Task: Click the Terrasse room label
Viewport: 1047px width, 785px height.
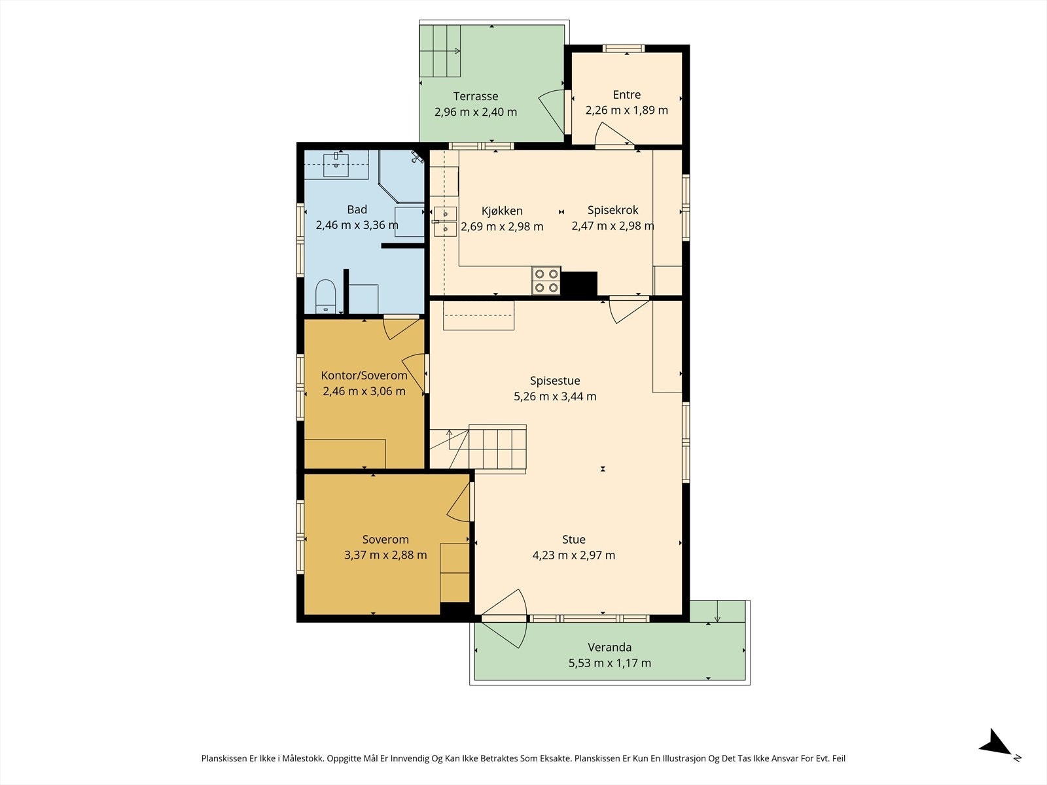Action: (x=476, y=96)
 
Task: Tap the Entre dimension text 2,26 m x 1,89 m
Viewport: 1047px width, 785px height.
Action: (x=627, y=110)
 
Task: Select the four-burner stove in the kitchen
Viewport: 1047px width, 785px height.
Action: (x=546, y=281)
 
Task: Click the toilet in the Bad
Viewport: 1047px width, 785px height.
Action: (x=326, y=296)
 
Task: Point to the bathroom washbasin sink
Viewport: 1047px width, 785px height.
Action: (x=336, y=164)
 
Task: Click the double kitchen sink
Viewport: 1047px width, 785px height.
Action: (x=445, y=222)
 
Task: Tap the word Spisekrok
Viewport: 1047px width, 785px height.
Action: (x=613, y=210)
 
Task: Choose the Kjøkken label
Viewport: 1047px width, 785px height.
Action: (x=502, y=211)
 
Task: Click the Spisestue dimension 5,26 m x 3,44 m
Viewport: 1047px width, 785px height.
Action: (x=555, y=396)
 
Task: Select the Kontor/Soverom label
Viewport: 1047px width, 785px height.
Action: (x=364, y=375)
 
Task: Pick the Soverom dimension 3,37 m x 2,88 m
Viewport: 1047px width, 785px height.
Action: (x=385, y=555)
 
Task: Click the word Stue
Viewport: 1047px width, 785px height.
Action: (x=574, y=540)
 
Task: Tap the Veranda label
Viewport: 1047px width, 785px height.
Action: (x=610, y=647)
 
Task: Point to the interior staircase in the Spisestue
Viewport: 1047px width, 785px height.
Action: (x=478, y=449)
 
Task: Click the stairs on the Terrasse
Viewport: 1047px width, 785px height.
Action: (x=440, y=51)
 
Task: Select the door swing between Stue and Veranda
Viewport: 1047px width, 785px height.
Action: (x=504, y=619)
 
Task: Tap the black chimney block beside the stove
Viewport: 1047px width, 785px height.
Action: (x=579, y=284)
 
